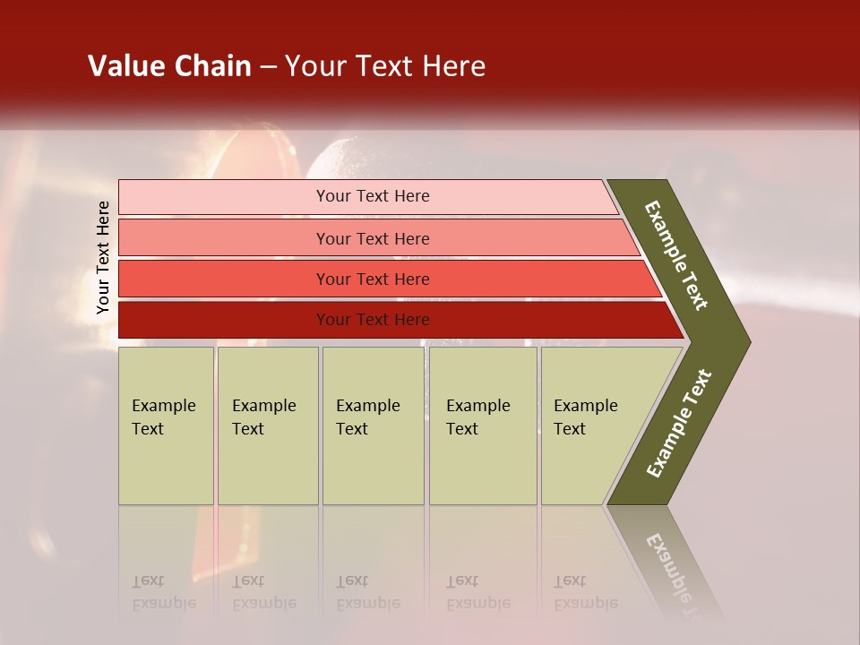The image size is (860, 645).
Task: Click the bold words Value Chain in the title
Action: tap(169, 66)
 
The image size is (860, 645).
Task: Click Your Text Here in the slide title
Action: tap(385, 66)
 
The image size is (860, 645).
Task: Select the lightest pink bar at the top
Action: tap(224, 196)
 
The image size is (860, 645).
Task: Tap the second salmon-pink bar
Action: tap(224, 238)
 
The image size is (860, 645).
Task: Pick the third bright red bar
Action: tap(224, 279)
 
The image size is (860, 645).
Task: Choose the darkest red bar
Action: tap(224, 320)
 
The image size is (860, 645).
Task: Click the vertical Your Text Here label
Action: tap(103, 257)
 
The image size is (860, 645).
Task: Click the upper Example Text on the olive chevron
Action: tap(676, 255)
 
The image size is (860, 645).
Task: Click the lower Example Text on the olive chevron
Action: tap(678, 424)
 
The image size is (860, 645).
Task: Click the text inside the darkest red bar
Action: tap(373, 320)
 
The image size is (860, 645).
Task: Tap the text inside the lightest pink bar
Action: tap(373, 196)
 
